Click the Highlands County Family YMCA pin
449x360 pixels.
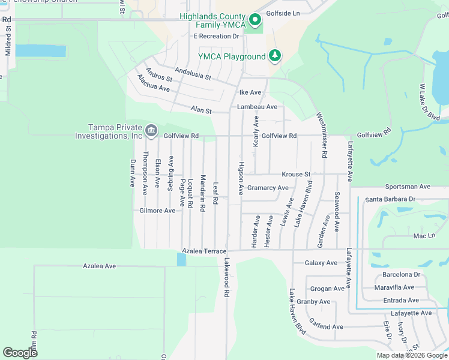coord(255,20)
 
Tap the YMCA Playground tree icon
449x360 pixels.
coord(275,56)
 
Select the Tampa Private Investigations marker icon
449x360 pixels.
coord(151,130)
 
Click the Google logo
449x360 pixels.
coord(20,352)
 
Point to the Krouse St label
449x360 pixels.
coord(297,175)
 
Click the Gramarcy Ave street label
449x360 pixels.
coord(268,188)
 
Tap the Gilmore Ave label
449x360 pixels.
coord(157,211)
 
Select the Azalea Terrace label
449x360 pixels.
coord(204,251)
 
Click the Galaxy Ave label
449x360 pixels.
coord(321,263)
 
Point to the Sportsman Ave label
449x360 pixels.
coord(408,187)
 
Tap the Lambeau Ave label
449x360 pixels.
coord(257,107)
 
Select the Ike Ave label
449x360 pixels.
coord(250,92)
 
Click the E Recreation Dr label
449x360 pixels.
coord(216,37)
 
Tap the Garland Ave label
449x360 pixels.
coord(326,327)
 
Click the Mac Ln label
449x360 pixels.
coord(423,236)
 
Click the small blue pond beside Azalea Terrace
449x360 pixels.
coord(181,259)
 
